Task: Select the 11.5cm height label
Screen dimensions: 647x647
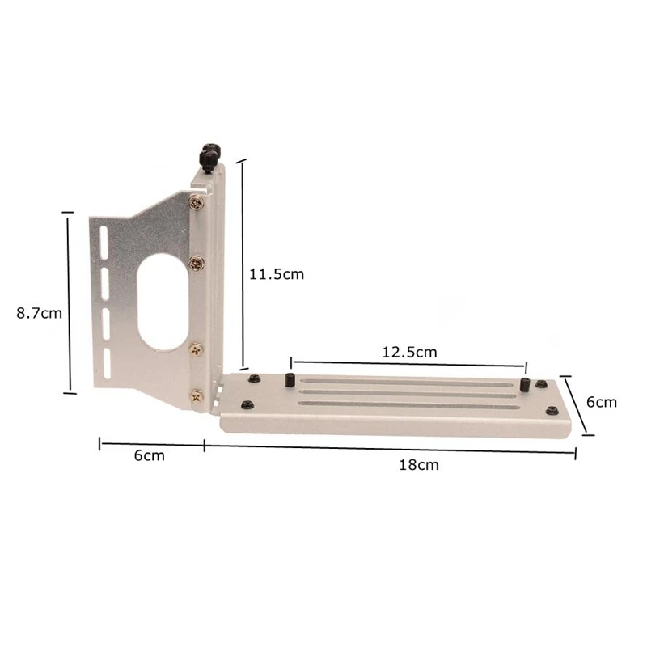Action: [276, 274]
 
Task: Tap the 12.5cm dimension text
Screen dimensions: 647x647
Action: [409, 352]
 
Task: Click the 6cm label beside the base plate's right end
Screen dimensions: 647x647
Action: [601, 402]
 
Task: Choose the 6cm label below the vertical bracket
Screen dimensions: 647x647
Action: [150, 455]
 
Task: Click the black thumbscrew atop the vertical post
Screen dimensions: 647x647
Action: [209, 155]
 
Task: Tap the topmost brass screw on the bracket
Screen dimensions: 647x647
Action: [196, 203]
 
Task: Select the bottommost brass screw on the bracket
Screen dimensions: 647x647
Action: [196, 396]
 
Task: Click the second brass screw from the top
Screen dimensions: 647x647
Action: [196, 264]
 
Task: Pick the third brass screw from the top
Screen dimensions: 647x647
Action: [196, 349]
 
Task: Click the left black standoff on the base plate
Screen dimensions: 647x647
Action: [289, 381]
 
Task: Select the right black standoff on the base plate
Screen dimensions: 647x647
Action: [524, 385]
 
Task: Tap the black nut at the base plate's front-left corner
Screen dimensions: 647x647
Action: [247, 404]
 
